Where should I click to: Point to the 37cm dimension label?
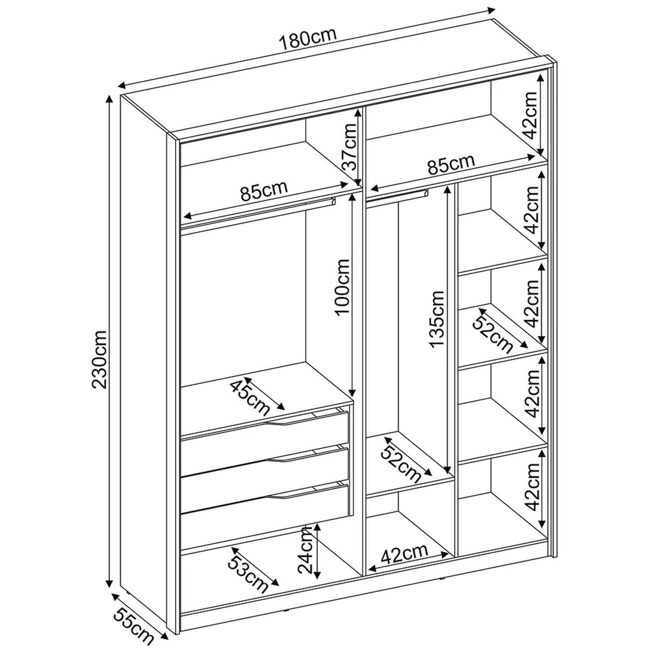click(x=349, y=146)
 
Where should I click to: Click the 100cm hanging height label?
click(x=342, y=286)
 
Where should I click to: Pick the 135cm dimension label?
click(x=436, y=319)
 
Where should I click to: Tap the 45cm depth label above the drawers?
click(x=250, y=397)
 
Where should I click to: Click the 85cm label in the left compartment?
click(x=264, y=191)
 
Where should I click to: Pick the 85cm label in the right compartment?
click(x=450, y=163)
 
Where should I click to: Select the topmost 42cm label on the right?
click(x=531, y=115)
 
